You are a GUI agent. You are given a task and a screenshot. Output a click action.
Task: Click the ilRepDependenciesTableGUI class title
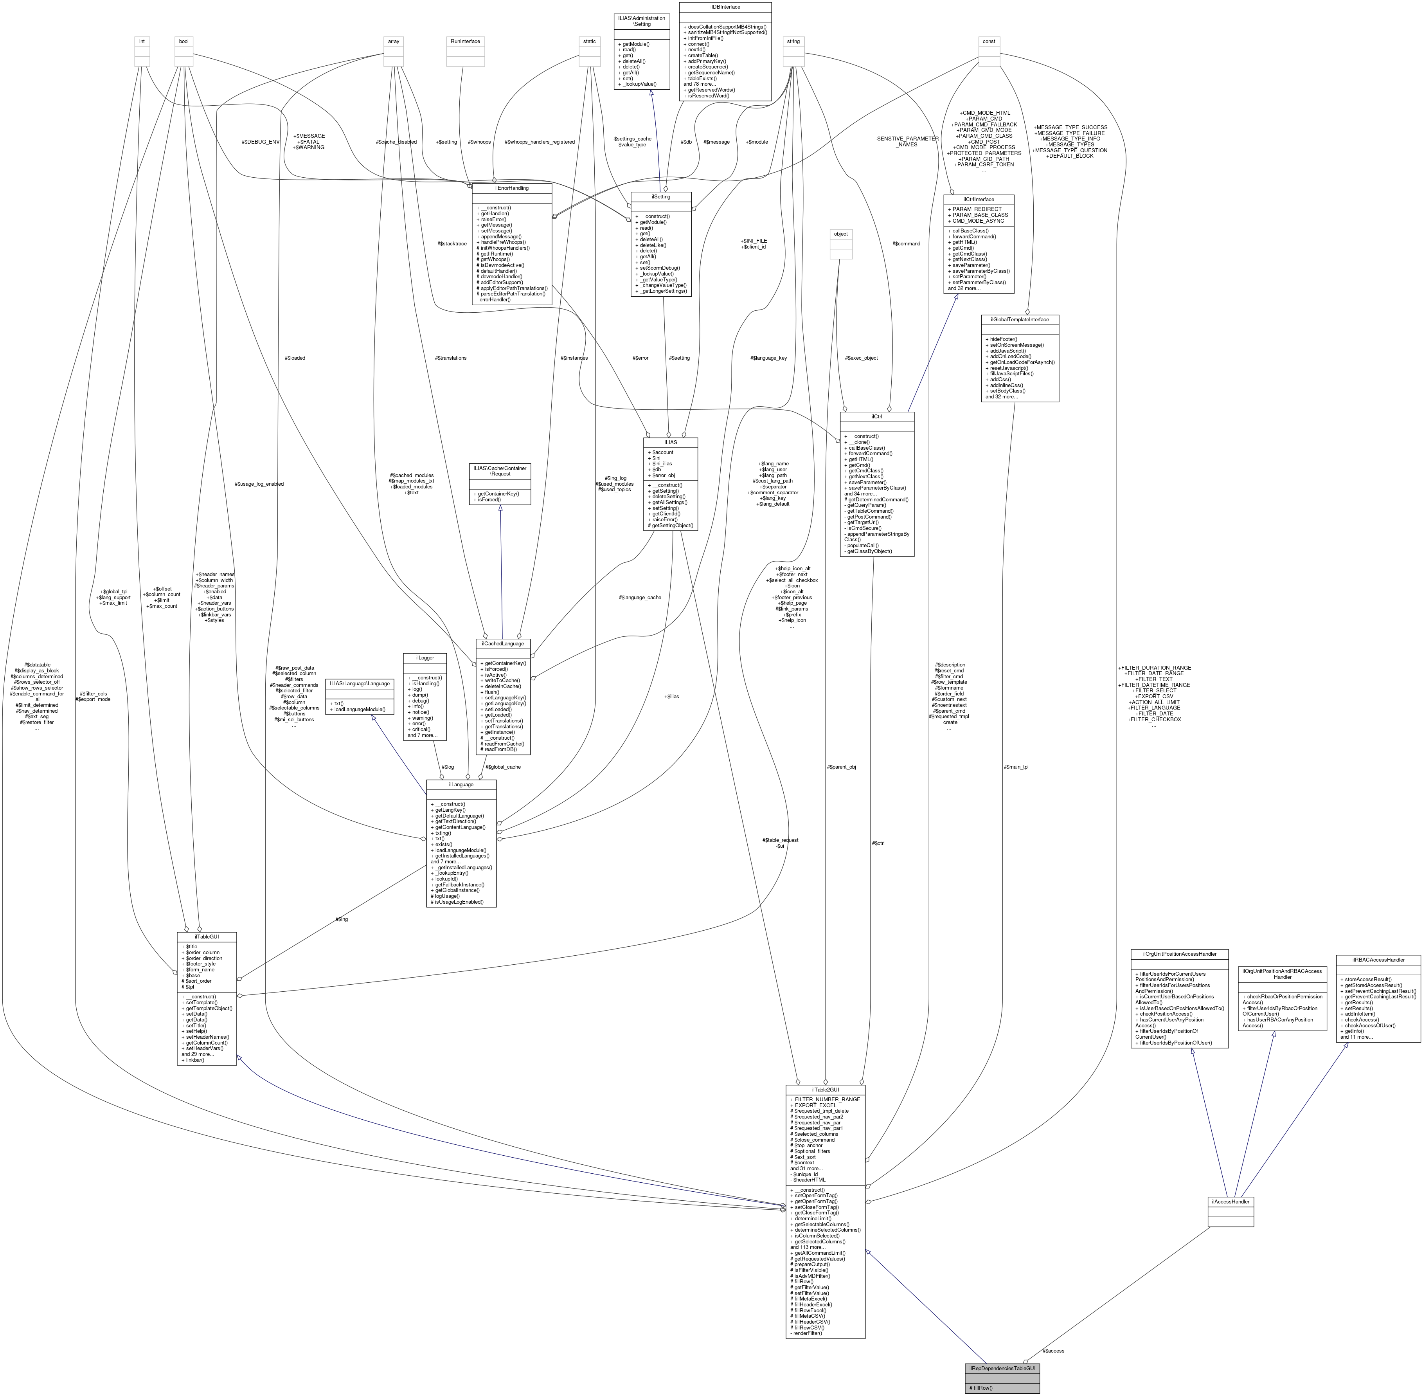coord(1002,1368)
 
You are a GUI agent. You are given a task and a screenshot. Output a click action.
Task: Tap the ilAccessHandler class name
coord(1230,1202)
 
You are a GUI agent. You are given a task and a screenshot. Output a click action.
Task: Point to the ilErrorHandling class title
coord(511,188)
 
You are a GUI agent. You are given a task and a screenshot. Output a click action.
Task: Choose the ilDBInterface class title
coord(725,7)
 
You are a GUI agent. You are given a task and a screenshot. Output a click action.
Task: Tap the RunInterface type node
coord(465,41)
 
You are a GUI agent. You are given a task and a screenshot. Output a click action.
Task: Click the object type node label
coord(840,234)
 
